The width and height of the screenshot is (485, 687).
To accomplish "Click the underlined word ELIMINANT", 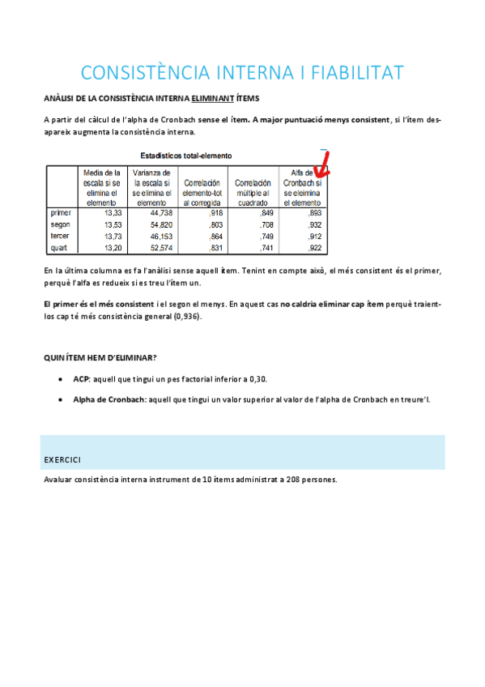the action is pos(213,99).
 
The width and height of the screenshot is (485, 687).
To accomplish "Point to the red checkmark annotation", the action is pos(325,164).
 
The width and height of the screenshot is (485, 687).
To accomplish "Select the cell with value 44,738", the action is pos(157,213).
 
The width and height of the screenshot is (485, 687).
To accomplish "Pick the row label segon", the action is pos(60,224).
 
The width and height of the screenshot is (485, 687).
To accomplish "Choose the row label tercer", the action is pos(61,236).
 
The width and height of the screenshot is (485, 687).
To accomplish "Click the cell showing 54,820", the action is pos(157,224).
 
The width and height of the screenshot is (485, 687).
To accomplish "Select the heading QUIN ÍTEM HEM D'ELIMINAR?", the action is pos(100,358).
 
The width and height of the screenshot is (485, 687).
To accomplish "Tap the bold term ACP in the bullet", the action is pos(81,378).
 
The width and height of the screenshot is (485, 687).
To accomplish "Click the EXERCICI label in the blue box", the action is pos(62,460).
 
